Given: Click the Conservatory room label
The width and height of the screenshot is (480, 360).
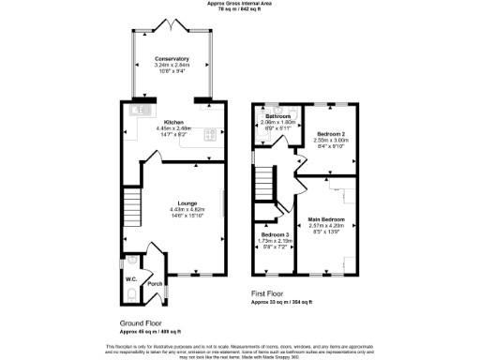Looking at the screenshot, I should [172, 57].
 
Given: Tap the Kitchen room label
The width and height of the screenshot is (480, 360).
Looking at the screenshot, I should [172, 122].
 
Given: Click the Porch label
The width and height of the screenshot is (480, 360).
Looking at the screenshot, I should [155, 282].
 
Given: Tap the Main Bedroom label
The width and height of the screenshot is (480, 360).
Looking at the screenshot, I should [327, 219].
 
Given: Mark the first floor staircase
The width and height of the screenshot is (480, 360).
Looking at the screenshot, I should [268, 179].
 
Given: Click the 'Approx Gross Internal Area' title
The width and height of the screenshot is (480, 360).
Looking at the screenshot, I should [240, 4].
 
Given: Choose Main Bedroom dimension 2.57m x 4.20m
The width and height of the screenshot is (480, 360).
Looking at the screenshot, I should [327, 226].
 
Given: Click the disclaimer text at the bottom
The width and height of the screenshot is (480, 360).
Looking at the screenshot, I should [240, 350].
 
